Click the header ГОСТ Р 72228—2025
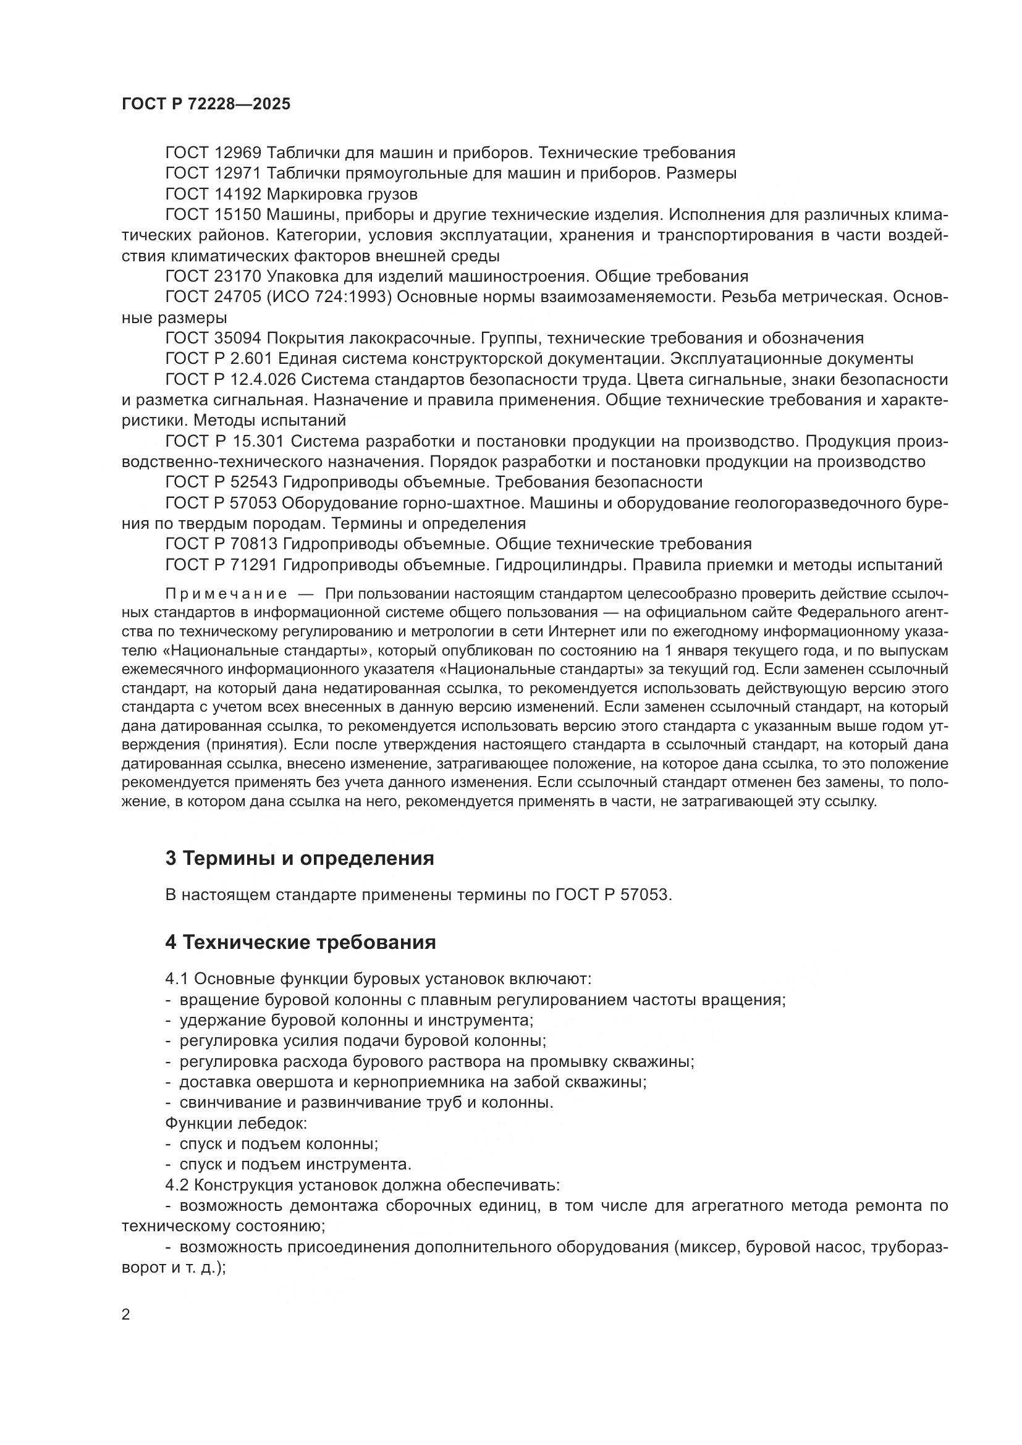206,104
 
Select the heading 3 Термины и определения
300,859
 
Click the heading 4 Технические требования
300,943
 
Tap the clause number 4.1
177,979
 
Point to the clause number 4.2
177,1185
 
